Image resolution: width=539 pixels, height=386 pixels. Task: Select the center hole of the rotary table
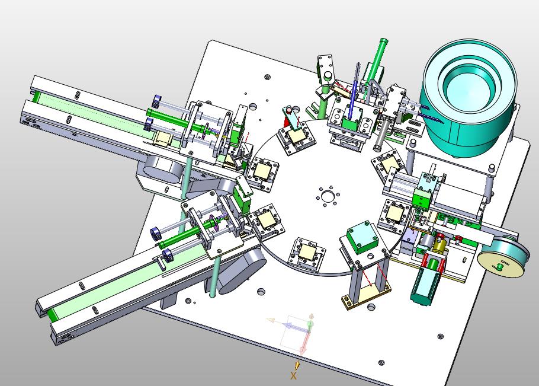coord(327,196)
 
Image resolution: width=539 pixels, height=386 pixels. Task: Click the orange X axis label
coord(293,375)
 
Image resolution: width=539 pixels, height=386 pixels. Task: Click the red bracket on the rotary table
coord(287,121)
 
